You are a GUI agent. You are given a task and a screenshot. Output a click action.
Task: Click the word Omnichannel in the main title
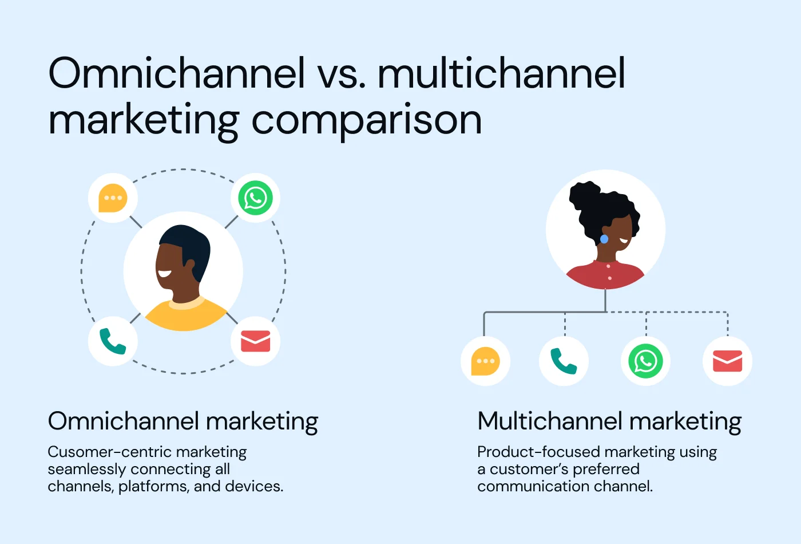[x=176, y=74]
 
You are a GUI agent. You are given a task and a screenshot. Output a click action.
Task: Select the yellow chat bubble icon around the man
[x=113, y=198]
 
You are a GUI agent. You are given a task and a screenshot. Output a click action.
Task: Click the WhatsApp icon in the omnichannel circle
[x=255, y=198]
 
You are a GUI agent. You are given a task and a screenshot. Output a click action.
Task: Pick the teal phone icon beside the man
[x=113, y=341]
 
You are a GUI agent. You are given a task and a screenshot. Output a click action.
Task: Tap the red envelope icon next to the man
[x=255, y=341]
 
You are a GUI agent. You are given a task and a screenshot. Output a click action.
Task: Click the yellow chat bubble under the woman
[x=485, y=361]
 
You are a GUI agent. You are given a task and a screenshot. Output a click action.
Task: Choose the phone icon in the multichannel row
[x=564, y=361]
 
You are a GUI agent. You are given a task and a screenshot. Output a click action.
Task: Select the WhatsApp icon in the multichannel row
[x=645, y=361]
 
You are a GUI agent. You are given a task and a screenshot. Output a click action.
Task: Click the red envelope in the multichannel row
[x=727, y=361]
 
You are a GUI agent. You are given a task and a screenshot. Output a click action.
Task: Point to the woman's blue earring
[x=604, y=239]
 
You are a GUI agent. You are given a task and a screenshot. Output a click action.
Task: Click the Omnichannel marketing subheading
[x=183, y=421]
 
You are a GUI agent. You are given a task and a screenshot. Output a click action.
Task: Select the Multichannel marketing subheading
[x=609, y=421]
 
